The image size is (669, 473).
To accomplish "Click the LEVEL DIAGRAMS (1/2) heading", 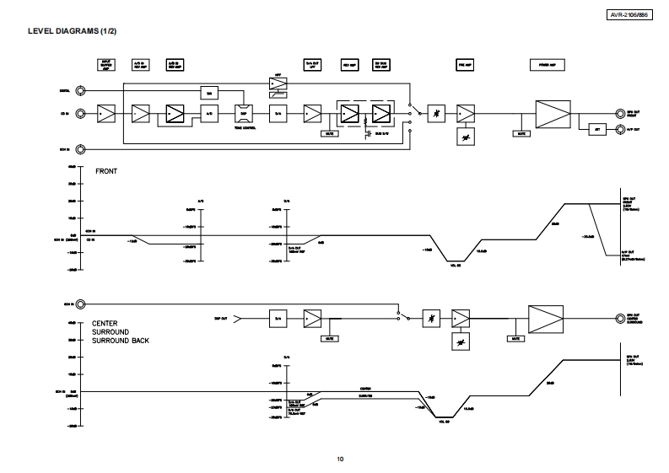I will tap(73, 32).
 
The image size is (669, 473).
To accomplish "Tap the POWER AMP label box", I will tap(546, 64).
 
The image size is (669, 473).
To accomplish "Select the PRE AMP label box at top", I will tap(463, 64).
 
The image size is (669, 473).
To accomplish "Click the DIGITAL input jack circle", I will tap(81, 90).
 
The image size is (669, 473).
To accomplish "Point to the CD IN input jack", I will tap(81, 112).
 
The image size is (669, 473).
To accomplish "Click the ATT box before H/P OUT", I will tap(596, 129).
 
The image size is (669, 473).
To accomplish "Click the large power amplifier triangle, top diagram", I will tap(553, 112).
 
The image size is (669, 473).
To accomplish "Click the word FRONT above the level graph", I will tap(106, 171).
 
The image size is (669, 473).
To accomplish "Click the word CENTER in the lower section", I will tap(105, 323).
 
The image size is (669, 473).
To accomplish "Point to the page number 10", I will tap(340, 459).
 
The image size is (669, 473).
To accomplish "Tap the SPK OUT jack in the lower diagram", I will tap(620, 318).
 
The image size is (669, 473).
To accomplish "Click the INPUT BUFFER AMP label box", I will tap(106, 64).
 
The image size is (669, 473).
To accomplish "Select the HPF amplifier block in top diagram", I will tap(278, 84).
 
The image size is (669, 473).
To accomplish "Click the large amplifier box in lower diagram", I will tap(545, 318).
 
